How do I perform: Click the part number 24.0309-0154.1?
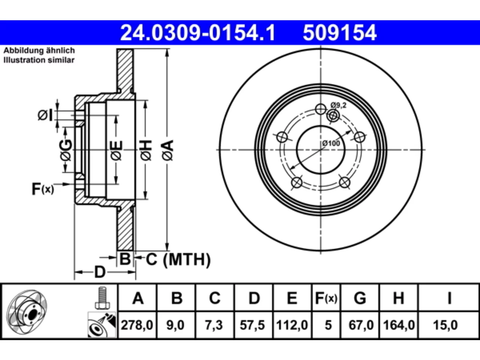point(198,33)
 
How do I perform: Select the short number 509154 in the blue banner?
point(340,33)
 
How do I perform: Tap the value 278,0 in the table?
point(137,325)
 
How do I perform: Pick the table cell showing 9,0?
point(175,325)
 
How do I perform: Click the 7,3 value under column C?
point(214,325)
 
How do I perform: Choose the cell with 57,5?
point(252,325)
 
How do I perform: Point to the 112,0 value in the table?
point(292,325)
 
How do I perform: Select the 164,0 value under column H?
point(399,325)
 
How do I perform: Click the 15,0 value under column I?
point(445,325)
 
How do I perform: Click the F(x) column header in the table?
point(326,298)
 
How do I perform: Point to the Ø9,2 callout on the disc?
point(338,105)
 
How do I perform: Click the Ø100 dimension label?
point(331,143)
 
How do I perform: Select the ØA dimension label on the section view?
point(168,150)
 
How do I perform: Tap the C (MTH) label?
point(178,259)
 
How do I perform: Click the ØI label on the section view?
point(45,115)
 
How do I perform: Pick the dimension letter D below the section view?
point(100,272)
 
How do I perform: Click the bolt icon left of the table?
point(102,298)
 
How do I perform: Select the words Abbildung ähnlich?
point(39,51)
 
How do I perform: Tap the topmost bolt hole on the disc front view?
point(321,109)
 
